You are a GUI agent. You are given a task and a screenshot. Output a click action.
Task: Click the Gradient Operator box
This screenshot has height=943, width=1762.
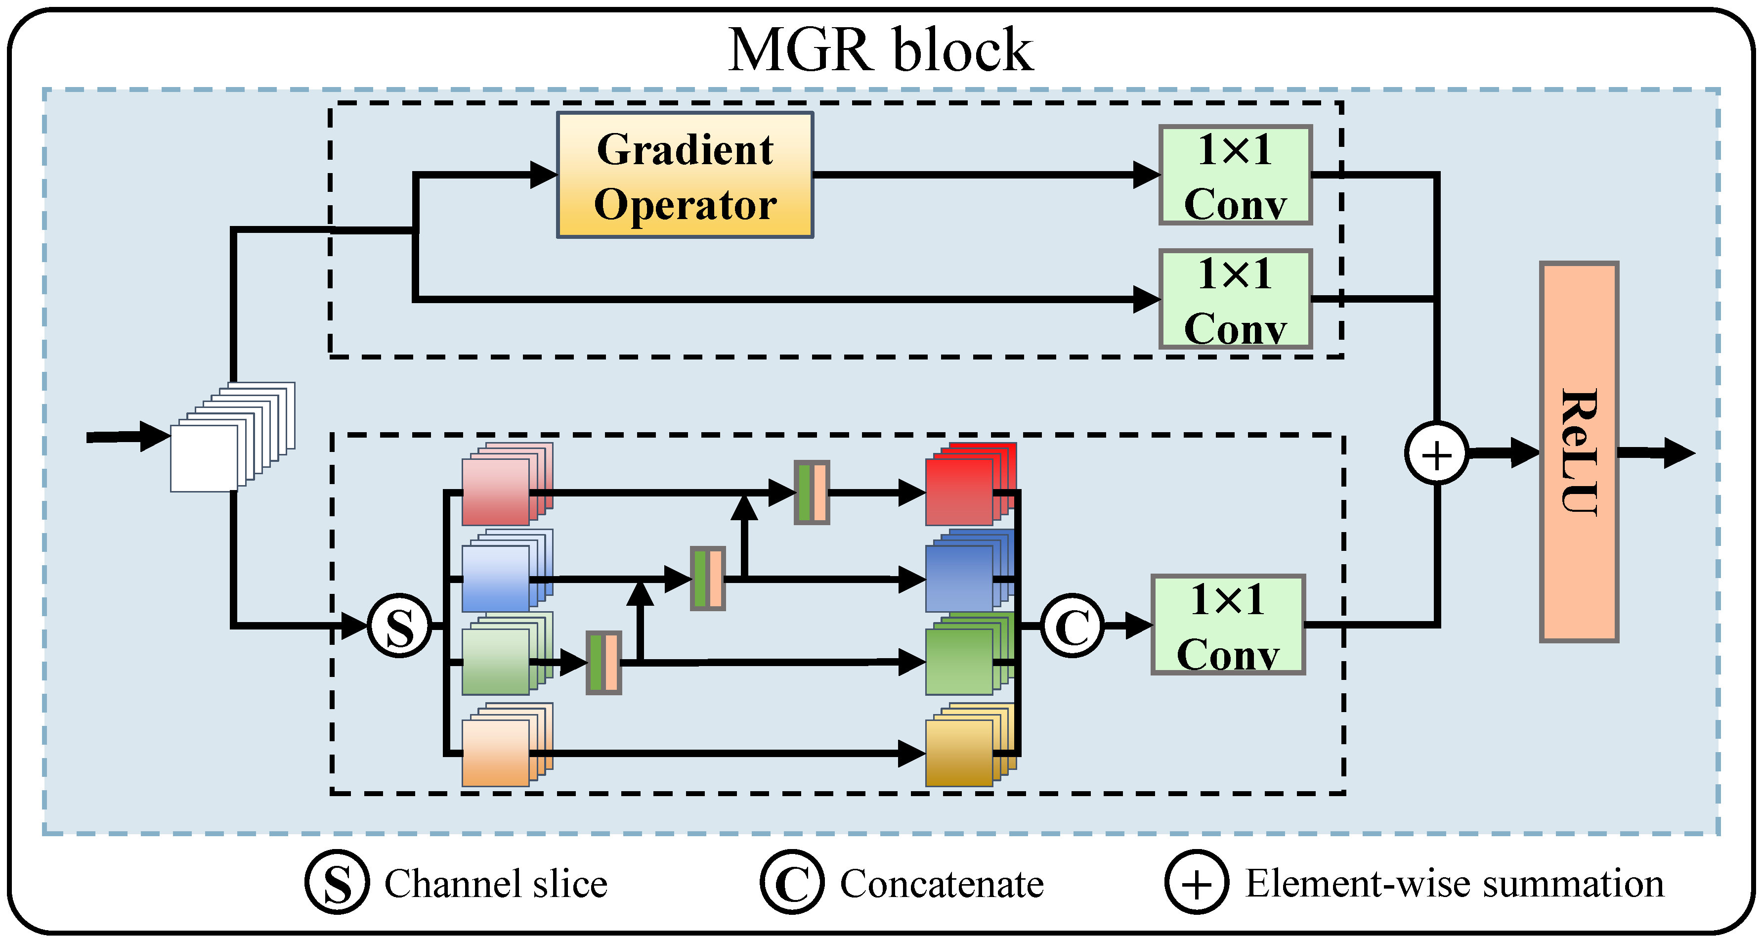(685, 175)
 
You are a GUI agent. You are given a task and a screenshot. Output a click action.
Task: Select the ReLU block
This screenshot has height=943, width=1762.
(1578, 451)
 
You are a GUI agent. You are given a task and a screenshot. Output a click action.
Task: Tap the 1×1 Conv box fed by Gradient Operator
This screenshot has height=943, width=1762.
(1235, 175)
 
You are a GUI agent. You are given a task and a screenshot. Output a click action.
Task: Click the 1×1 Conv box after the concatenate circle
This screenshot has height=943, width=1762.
(1228, 625)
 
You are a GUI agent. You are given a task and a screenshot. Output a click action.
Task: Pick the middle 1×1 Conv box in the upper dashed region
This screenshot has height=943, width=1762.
(1235, 299)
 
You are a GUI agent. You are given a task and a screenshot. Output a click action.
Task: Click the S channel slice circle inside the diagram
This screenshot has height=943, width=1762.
(399, 626)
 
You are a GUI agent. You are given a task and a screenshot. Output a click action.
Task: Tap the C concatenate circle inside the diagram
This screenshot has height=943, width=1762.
(1072, 626)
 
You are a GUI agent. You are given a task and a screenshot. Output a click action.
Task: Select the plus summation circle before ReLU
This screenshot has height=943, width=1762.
(1436, 454)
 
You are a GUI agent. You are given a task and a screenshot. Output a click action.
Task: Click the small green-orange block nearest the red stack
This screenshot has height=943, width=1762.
(811, 492)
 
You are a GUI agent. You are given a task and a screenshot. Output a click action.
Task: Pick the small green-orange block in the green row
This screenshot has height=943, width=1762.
(603, 663)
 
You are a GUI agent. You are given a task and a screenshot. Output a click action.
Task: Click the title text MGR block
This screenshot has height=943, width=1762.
(880, 49)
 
